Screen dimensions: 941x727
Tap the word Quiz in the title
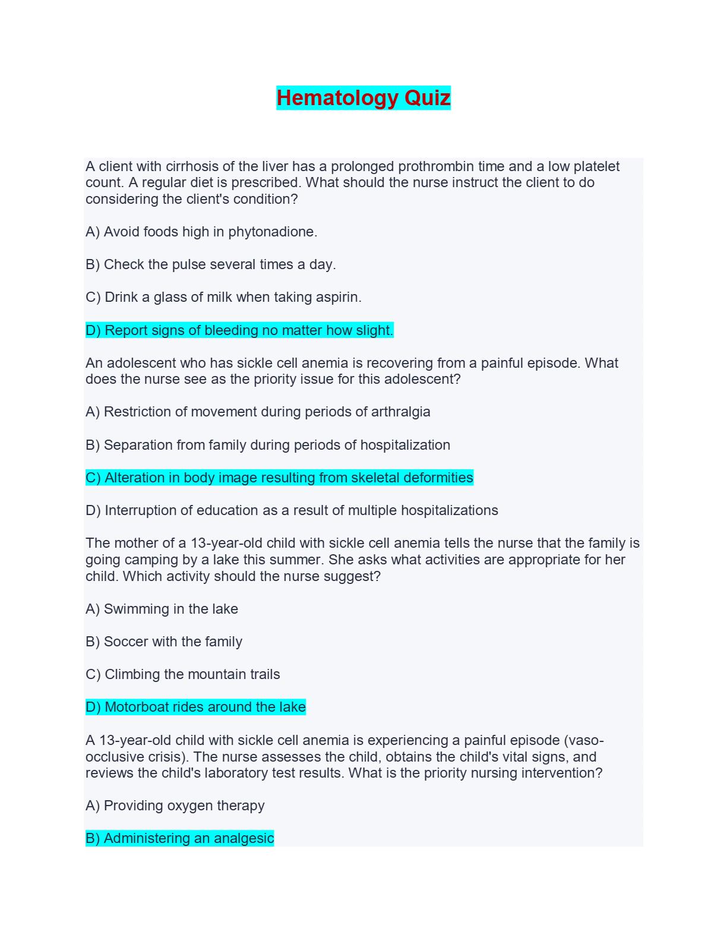click(x=427, y=98)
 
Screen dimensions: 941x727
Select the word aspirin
click(x=336, y=297)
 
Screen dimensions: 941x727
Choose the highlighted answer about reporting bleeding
click(x=239, y=330)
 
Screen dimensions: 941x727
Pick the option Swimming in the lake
click(x=162, y=609)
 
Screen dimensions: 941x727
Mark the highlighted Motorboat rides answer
click(x=195, y=707)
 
